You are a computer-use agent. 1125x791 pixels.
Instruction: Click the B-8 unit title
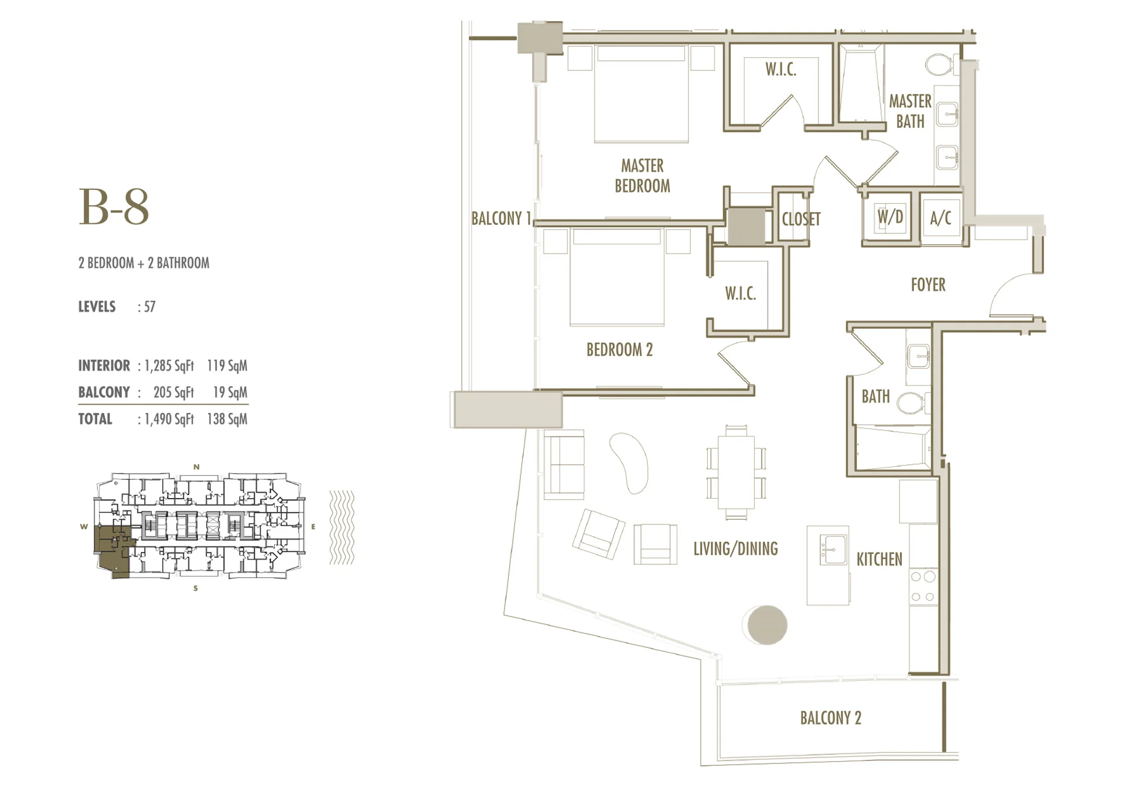(x=114, y=207)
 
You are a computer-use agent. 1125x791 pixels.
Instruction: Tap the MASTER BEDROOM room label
(x=642, y=176)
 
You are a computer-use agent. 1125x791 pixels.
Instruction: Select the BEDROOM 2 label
(x=619, y=350)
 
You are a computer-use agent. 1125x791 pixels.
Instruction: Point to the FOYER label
(x=928, y=285)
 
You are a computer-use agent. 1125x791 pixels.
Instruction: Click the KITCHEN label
(x=879, y=559)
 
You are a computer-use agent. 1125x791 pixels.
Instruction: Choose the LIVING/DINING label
(x=735, y=549)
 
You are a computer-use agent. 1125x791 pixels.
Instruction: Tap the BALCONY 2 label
(x=831, y=718)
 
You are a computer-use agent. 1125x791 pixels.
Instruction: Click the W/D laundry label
(x=890, y=217)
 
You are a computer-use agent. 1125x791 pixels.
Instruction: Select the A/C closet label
(x=940, y=218)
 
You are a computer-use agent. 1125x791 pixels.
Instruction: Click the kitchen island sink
(x=833, y=550)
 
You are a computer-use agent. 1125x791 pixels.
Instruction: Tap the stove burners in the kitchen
(x=923, y=587)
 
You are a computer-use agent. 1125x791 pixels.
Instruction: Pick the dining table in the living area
(x=737, y=472)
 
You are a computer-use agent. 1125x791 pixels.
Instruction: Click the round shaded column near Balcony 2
(x=767, y=625)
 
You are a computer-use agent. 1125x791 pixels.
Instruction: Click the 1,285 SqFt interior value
(x=169, y=366)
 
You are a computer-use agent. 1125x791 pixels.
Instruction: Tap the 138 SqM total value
(x=227, y=419)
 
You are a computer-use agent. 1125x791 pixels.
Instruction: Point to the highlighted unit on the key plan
(x=113, y=551)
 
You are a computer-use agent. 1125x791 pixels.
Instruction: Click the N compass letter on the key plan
(x=197, y=467)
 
